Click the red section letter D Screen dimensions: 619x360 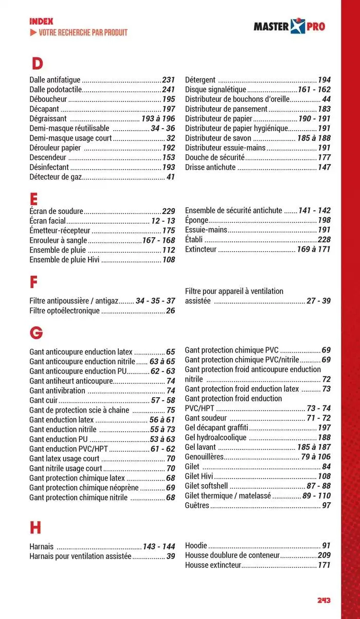(37, 64)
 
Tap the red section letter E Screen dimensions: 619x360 (34, 198)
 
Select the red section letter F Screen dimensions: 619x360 (34, 282)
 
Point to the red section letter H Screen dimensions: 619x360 (35, 527)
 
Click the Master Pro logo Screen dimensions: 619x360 (290, 26)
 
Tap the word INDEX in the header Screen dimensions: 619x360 (41, 22)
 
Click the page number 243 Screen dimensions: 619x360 (323, 600)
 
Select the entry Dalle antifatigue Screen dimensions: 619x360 (55, 80)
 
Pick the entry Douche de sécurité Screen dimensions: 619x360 (215, 157)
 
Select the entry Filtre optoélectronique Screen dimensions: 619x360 (64, 311)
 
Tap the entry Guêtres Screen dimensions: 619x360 (197, 506)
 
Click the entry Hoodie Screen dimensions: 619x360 (195, 545)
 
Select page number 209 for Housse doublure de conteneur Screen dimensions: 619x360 (324, 556)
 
